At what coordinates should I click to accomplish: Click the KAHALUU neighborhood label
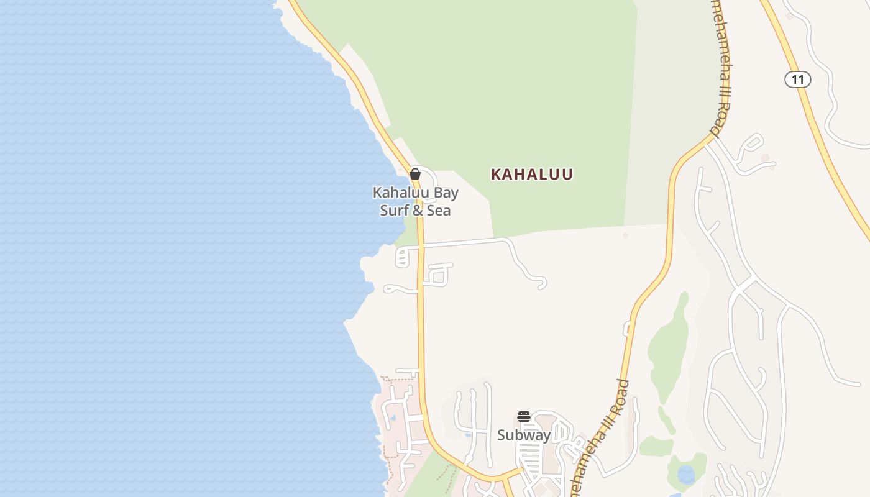(531, 175)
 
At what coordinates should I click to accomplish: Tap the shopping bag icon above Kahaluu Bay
(415, 174)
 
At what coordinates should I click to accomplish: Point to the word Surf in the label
(394, 211)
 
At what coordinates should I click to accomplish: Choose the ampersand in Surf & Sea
(418, 211)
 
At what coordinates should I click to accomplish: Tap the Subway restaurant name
(524, 435)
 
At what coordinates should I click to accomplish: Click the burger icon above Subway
(524, 417)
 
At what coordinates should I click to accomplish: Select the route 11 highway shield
(797, 80)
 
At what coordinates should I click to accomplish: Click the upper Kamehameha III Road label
(721, 68)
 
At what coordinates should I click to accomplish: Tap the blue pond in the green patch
(686, 475)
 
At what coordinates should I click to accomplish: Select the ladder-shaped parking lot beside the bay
(403, 257)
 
